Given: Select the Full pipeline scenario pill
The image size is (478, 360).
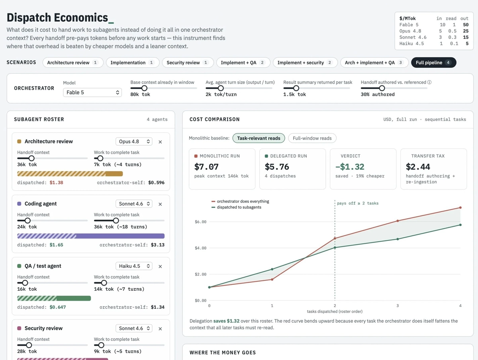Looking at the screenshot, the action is click(x=433, y=63).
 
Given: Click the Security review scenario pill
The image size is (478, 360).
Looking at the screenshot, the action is click(x=188, y=63).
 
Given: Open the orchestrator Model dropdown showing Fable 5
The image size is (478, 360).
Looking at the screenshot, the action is click(x=92, y=92).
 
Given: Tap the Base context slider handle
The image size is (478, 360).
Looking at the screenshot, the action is click(x=144, y=88).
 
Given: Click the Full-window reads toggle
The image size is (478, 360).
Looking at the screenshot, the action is click(x=312, y=138).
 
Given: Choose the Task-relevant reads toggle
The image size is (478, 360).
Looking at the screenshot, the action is click(x=259, y=138).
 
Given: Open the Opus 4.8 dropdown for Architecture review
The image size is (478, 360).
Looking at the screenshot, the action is click(x=134, y=141).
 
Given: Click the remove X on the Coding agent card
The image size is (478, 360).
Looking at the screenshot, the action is click(x=160, y=204).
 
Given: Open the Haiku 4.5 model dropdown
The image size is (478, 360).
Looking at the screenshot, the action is click(x=134, y=266).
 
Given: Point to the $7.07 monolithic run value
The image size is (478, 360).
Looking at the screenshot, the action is click(x=206, y=167).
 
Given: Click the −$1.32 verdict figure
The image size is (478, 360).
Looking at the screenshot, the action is click(x=350, y=167).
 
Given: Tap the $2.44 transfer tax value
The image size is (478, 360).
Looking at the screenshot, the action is click(x=418, y=167).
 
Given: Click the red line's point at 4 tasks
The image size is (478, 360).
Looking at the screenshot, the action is click(x=460, y=207).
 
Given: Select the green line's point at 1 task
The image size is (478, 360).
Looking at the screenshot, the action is click(x=272, y=269).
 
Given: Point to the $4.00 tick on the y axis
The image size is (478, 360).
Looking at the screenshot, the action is click(x=201, y=248).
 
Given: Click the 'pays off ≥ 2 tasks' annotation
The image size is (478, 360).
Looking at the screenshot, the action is click(x=358, y=203).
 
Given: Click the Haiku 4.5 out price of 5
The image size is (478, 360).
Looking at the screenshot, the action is click(x=467, y=43).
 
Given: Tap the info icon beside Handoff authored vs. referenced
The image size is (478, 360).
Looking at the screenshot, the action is click(x=429, y=82).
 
